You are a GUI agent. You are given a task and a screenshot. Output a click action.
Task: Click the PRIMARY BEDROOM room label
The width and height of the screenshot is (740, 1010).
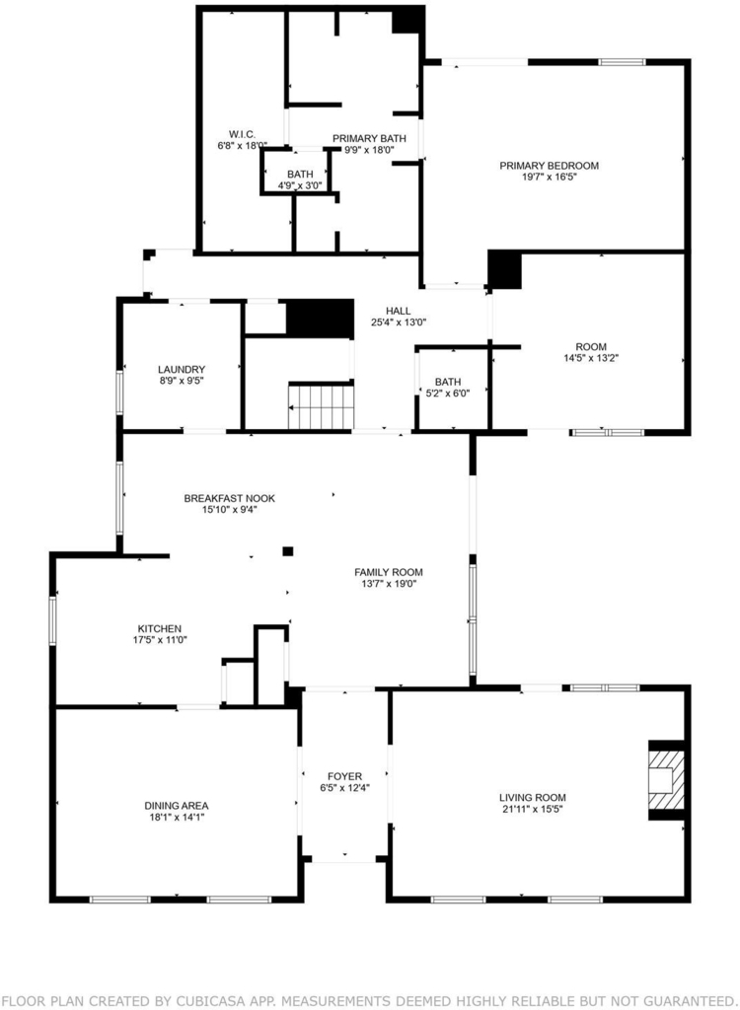point(550,166)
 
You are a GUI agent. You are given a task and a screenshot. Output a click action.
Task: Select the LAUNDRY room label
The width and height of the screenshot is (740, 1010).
point(182,370)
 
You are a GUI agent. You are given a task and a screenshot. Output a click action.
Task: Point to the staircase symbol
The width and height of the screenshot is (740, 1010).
point(321,407)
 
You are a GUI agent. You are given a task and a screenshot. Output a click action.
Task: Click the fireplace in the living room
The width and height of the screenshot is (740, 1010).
point(666,780)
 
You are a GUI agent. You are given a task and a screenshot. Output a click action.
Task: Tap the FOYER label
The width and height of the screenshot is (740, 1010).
point(345,777)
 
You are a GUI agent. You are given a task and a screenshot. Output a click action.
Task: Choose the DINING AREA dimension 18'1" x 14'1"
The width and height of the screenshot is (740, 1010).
point(177,817)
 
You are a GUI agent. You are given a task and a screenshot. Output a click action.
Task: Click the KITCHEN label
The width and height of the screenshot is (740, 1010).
point(160,628)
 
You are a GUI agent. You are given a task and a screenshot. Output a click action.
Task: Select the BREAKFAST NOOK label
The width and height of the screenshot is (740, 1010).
point(230,498)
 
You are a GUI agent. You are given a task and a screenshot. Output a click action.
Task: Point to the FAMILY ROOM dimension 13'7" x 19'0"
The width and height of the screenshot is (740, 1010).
point(389,584)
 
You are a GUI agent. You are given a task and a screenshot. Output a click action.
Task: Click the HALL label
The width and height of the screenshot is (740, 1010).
point(399,311)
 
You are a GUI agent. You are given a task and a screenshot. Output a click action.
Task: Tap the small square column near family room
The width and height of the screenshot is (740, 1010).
point(288,550)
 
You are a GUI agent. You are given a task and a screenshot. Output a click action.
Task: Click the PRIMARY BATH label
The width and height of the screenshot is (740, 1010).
point(369,138)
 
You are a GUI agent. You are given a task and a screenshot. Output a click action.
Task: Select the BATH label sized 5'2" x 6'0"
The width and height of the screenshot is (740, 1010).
point(448,382)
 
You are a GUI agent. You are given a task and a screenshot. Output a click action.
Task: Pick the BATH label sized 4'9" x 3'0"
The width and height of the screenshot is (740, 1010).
point(300,175)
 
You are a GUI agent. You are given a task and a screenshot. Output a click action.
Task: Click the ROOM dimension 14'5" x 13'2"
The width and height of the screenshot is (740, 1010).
point(592,358)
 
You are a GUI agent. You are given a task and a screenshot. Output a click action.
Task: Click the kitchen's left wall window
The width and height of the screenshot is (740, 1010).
point(53,621)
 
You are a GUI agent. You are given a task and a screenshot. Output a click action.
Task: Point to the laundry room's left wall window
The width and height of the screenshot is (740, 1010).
point(119,392)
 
